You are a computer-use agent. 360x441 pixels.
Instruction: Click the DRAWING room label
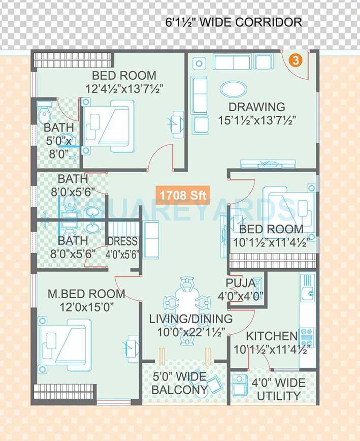pos(256,107)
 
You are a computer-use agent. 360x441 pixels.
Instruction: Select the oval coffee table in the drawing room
pos(234,89)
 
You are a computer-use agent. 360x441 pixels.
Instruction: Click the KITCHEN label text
pos(272,336)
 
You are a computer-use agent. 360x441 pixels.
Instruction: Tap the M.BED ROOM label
pos(86,294)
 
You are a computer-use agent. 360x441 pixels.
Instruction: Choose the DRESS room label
pos(122,241)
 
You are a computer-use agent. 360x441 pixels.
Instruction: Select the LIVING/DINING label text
pos(191,319)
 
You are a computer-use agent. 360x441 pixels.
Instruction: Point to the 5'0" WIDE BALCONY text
pos(180,384)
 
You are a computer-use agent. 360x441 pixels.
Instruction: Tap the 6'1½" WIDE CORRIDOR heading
pos(234,22)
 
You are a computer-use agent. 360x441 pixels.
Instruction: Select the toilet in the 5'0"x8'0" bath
pos(45,113)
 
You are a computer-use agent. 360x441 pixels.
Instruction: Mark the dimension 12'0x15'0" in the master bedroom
pos(87,307)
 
